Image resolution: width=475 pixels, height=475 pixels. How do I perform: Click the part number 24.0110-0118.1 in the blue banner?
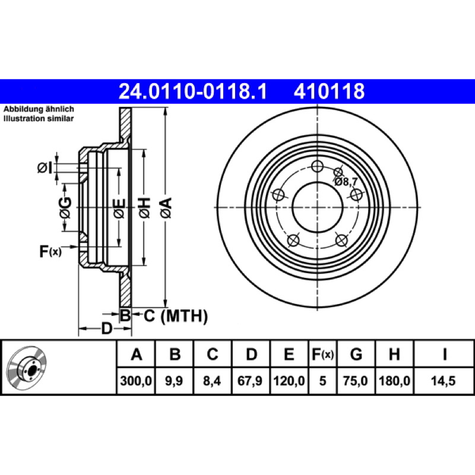pyautogui.click(x=192, y=91)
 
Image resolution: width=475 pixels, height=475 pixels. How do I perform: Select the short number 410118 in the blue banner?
pyautogui.click(x=329, y=91)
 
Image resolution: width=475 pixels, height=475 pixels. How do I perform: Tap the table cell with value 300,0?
pyautogui.click(x=136, y=381)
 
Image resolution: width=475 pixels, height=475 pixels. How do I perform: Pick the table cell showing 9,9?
pyautogui.click(x=174, y=381)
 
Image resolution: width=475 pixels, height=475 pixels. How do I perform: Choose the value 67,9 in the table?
pyautogui.click(x=250, y=381)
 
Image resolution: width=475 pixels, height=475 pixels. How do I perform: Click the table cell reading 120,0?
pyautogui.click(x=289, y=381)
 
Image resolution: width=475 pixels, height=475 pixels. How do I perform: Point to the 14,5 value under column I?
pyautogui.click(x=444, y=381)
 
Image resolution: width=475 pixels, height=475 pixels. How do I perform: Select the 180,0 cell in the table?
pyautogui.click(x=394, y=381)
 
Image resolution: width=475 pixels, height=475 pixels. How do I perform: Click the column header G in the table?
pyautogui.click(x=356, y=354)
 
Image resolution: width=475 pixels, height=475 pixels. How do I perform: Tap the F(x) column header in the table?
pyautogui.click(x=322, y=354)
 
